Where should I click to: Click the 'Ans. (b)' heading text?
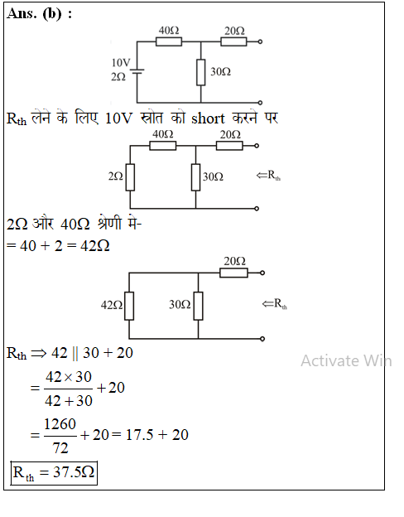point(34,14)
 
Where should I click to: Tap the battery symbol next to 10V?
point(137,71)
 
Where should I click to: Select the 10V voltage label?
point(121,62)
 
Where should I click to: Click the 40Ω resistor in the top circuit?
point(168,42)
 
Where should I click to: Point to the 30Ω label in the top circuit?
point(220,71)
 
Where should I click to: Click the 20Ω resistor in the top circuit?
point(233,42)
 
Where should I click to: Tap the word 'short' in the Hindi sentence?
point(208,118)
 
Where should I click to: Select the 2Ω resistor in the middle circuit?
point(130,177)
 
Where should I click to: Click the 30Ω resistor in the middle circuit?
point(195,177)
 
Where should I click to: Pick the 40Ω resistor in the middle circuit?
point(163,146)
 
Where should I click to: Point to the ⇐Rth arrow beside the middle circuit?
point(268,175)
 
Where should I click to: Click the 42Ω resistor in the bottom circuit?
point(129,306)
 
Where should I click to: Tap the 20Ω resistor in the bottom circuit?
point(233,273)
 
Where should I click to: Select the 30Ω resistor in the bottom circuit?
point(198,306)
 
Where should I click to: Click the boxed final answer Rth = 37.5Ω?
point(54,473)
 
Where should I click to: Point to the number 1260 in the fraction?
point(60,424)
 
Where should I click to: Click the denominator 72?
point(60,447)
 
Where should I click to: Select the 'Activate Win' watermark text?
point(346,360)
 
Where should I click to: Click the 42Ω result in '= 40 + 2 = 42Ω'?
point(95,246)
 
